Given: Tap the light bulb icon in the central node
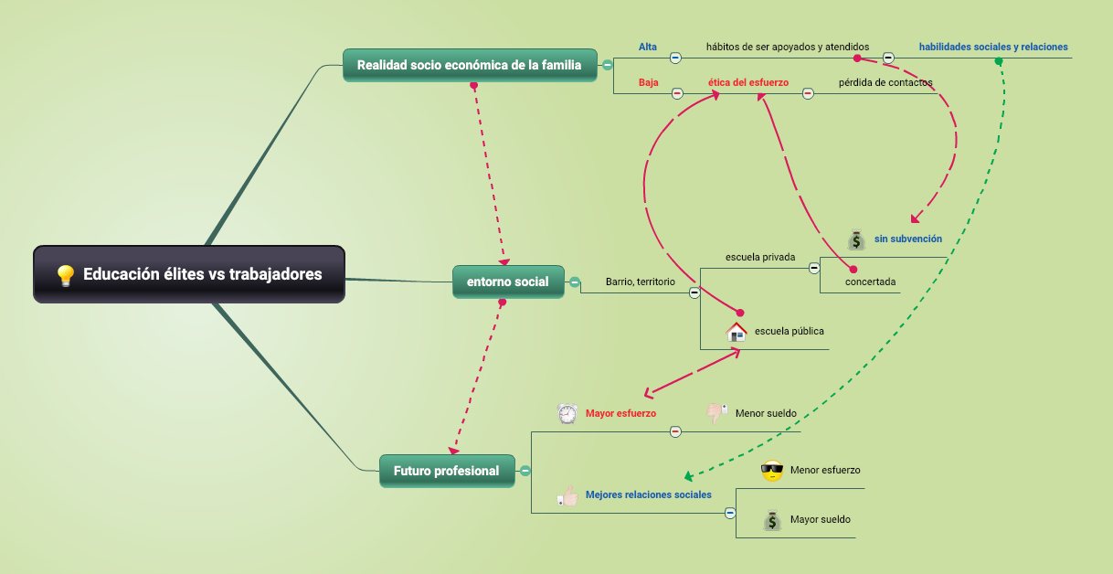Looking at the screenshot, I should (x=65, y=275).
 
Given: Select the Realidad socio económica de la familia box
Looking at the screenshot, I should (x=469, y=65).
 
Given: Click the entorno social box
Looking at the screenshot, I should (x=508, y=282).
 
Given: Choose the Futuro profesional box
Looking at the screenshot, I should (x=447, y=471).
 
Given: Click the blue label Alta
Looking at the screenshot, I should (x=648, y=47).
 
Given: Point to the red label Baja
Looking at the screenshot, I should (x=649, y=82).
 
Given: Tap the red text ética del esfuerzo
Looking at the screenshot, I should (x=747, y=82).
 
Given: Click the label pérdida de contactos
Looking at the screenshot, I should (x=885, y=82).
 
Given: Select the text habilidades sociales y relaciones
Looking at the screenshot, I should (x=993, y=47).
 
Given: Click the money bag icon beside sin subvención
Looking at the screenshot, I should (x=855, y=239).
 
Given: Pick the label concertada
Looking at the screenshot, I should (x=870, y=282).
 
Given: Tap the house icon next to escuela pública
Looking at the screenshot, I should (x=737, y=332).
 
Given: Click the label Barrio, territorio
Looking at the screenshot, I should (x=640, y=282).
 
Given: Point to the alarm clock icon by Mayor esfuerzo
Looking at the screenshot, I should (x=567, y=414).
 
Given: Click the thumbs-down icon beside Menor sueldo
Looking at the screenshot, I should (x=717, y=413).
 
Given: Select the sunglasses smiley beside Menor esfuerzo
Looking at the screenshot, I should (x=772, y=471).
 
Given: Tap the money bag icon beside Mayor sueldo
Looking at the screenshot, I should (x=772, y=520).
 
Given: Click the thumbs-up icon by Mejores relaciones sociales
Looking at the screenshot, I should (x=568, y=495).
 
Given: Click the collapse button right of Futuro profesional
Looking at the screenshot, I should (x=525, y=471).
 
